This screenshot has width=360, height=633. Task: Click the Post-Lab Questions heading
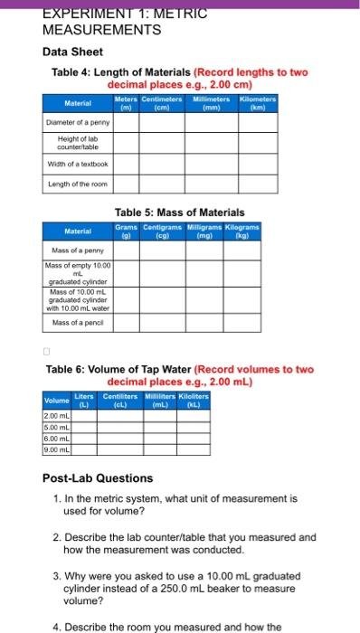click(99, 477)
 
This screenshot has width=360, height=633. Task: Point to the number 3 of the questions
click(57, 575)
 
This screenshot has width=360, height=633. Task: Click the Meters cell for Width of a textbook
click(127, 164)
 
